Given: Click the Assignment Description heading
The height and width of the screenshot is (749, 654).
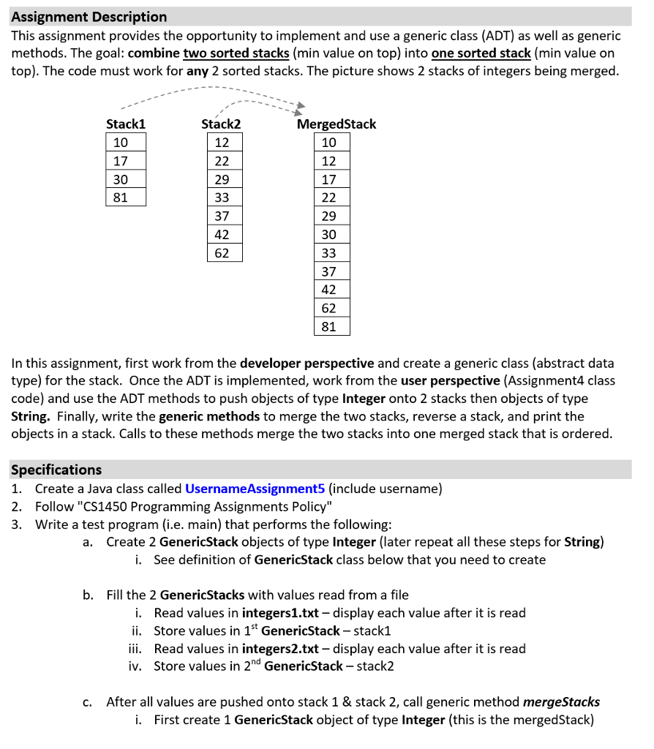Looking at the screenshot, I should [x=89, y=16].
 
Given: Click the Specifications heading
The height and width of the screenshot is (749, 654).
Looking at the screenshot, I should [x=56, y=470].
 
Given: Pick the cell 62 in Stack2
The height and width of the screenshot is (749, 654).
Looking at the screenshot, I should [x=222, y=253].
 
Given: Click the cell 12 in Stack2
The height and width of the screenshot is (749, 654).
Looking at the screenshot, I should [x=222, y=142].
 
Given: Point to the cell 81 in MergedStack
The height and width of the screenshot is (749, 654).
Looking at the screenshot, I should [x=329, y=326].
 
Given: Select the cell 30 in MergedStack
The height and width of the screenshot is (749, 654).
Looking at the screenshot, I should [x=329, y=234].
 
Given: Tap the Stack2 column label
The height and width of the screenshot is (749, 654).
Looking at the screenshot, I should [x=221, y=124].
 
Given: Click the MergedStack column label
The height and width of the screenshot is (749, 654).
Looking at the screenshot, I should [x=337, y=124].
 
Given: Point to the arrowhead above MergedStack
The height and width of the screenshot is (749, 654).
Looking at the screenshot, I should [x=300, y=109].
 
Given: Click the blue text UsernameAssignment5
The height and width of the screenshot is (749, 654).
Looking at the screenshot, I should [x=255, y=489].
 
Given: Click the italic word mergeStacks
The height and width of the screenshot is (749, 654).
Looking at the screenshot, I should [x=562, y=702].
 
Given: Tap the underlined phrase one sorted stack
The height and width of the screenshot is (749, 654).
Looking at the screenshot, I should [x=481, y=53].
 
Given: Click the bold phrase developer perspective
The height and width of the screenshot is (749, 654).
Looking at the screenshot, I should [x=307, y=363].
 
